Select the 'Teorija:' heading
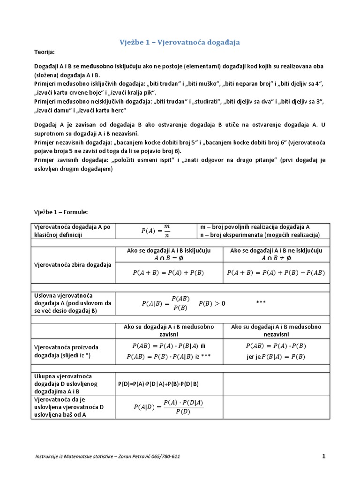[x=45, y=52]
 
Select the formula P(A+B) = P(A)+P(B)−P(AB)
[x=276, y=272]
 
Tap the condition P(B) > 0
[x=212, y=303]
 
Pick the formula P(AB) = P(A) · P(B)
[x=276, y=346]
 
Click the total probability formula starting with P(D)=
[x=158, y=384]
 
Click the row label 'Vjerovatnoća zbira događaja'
[x=73, y=264]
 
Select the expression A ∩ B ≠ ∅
[x=276, y=258]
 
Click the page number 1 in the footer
[x=323, y=456]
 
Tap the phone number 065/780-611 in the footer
[x=163, y=457]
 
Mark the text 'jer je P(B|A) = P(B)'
[x=276, y=357]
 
